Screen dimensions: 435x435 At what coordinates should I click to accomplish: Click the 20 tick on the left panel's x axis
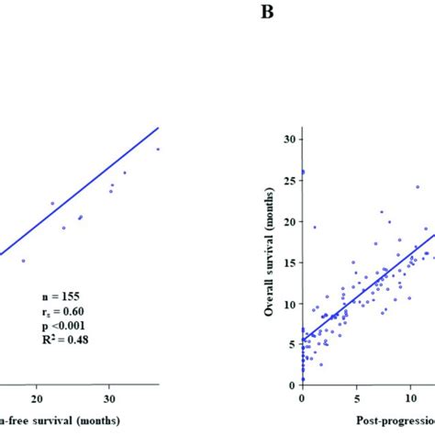click(38, 399)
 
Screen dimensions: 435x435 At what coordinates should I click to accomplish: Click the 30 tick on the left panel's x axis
click(109, 399)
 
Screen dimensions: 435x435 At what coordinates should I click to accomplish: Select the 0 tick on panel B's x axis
click(302, 401)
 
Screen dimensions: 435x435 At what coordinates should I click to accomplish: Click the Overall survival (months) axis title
click(272, 262)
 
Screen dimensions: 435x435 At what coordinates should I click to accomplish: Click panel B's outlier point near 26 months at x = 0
click(303, 172)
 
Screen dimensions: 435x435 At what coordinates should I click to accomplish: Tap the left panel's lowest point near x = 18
click(24, 261)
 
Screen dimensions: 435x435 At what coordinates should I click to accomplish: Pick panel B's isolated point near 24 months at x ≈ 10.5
click(417, 186)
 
